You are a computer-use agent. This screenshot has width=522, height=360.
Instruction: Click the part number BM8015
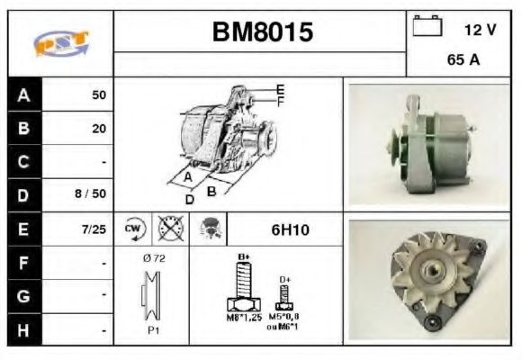(x=262, y=33)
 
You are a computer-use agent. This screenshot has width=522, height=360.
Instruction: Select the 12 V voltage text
(x=480, y=30)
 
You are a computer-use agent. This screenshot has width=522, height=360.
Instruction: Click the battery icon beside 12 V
(x=426, y=27)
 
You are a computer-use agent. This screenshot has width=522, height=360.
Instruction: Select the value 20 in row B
(x=99, y=128)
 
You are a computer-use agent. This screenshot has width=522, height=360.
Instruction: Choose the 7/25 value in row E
(x=94, y=229)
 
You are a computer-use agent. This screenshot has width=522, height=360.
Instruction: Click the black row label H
(x=22, y=329)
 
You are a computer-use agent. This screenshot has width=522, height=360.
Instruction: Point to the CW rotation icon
(x=134, y=229)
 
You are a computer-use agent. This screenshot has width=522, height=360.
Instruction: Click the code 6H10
(x=290, y=229)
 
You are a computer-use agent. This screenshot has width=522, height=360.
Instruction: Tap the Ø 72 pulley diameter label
(x=152, y=259)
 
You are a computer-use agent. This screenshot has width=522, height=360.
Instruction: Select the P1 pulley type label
(x=153, y=330)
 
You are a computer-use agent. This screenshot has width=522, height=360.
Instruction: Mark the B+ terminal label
(x=242, y=257)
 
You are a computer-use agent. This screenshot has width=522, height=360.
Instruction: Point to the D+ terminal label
(x=285, y=280)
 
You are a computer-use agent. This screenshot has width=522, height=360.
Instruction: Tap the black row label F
(x=22, y=263)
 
